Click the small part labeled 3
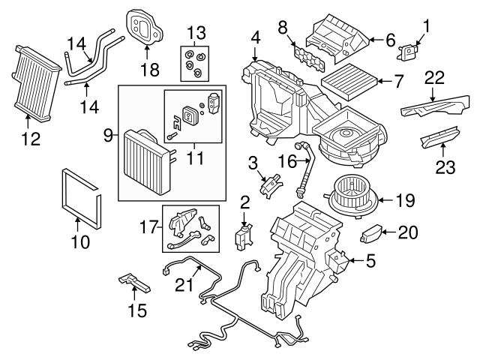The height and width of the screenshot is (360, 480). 271,182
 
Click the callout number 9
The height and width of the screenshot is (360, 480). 109,136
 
